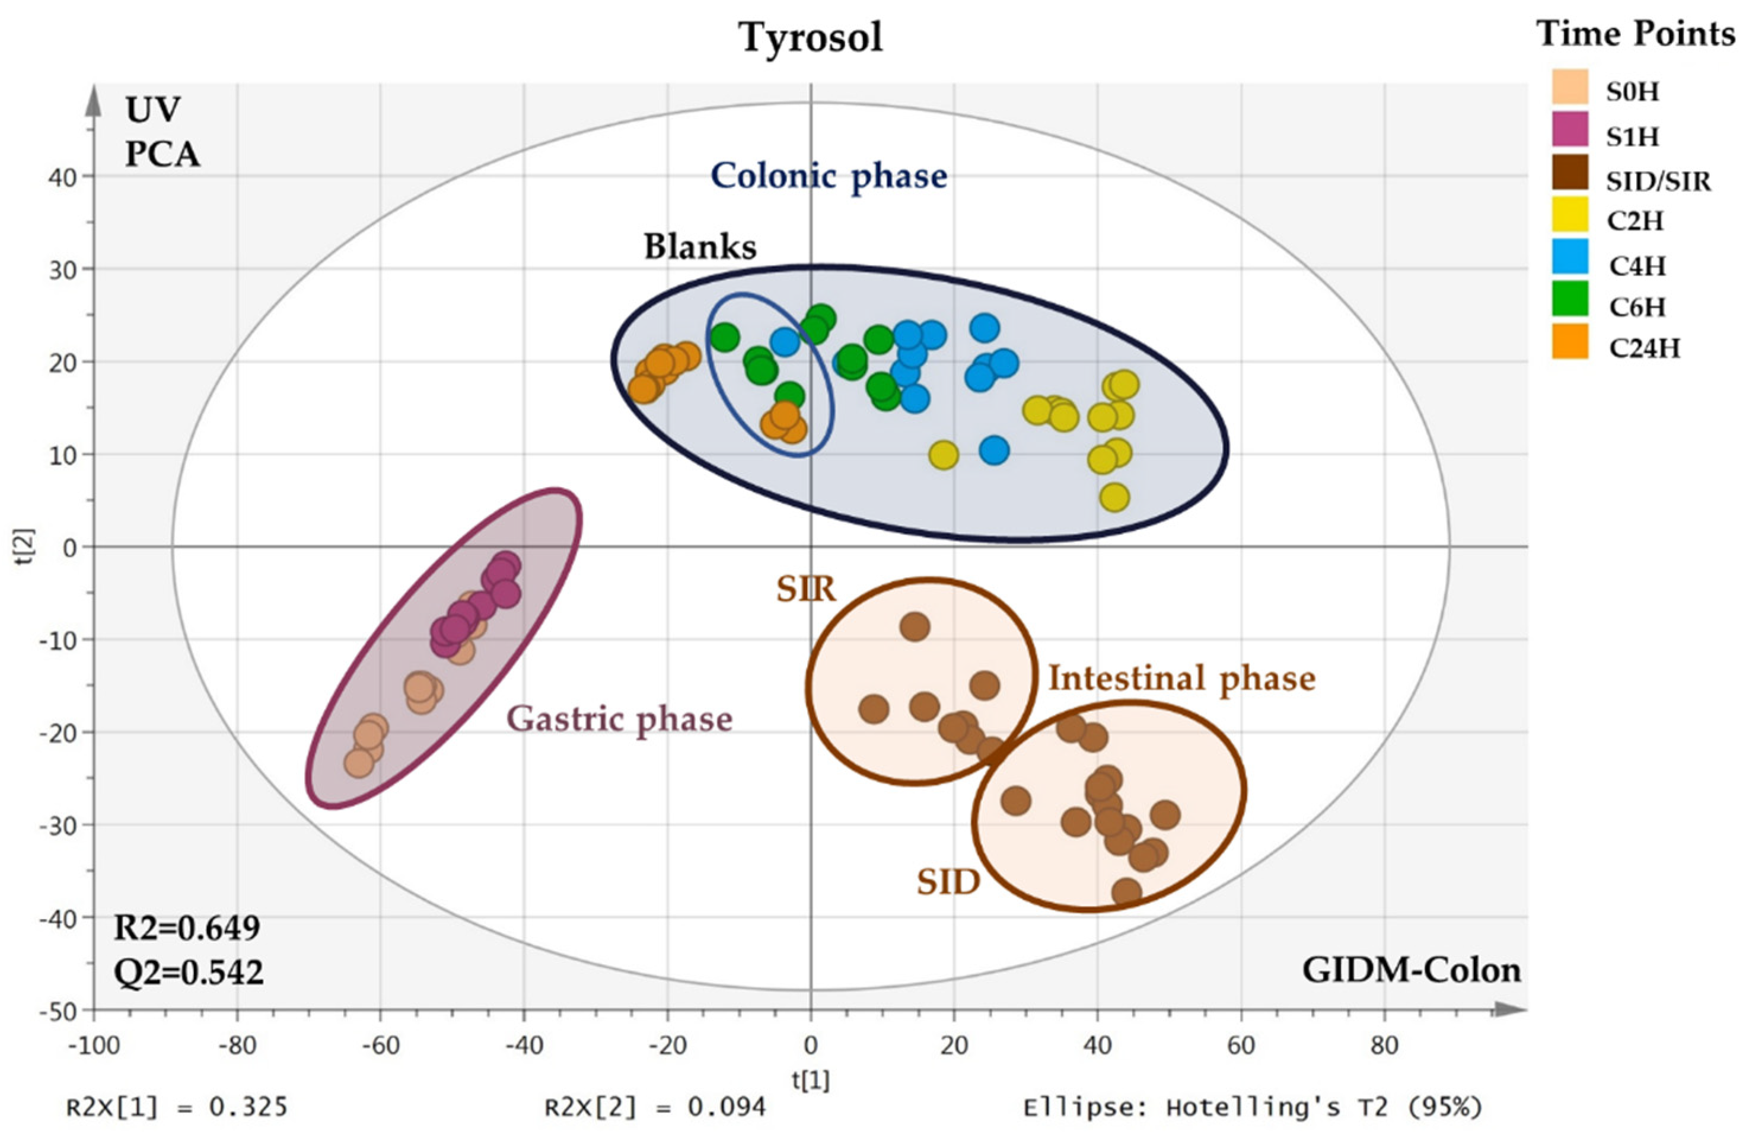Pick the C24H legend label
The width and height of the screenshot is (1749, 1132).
point(1645,347)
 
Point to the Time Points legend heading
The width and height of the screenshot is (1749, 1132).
point(1636,34)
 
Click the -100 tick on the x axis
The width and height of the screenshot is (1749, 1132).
point(93,1045)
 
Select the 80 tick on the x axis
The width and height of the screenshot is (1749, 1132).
point(1384,1045)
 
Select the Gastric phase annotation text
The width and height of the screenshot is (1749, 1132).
point(620,719)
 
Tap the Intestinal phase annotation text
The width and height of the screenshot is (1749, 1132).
point(1181,678)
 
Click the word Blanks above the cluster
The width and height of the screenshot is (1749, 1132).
point(700,247)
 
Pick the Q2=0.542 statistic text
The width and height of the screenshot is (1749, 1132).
point(188,972)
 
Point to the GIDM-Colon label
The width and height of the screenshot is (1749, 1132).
point(1411,970)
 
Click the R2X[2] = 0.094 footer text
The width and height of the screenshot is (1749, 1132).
point(655,1107)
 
